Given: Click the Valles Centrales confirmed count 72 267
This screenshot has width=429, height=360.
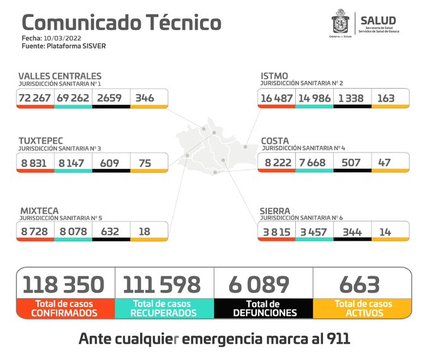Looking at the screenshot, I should point(35,98).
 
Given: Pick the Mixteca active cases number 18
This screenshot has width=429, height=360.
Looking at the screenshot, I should point(144,231).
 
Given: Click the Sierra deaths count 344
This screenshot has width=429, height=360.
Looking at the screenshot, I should point(352,231).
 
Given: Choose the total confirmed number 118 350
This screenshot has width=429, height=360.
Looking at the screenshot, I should point(63,284).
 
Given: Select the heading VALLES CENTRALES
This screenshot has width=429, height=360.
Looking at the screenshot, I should point(59,76).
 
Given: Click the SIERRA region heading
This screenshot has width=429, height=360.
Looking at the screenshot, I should point(275,211).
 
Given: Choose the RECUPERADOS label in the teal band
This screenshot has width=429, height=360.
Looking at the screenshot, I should point(164,312).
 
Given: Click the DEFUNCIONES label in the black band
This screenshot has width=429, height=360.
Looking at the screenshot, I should point(264,312).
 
